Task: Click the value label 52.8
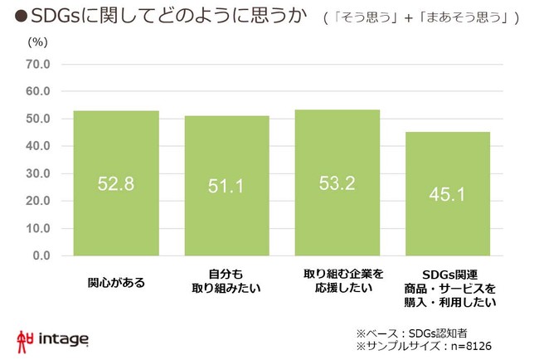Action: tap(116, 184)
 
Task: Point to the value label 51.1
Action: tap(226, 186)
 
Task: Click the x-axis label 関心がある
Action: tap(116, 282)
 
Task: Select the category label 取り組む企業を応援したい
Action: tap(337, 280)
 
